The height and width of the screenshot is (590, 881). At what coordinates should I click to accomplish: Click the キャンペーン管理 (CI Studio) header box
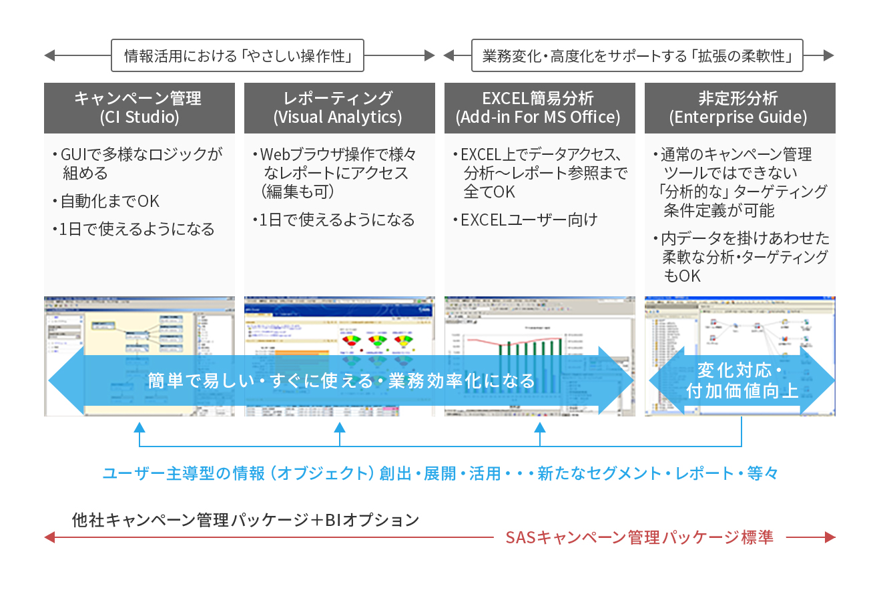pyautogui.click(x=139, y=107)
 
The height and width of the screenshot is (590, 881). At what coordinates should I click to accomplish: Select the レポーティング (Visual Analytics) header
pyautogui.click(x=339, y=107)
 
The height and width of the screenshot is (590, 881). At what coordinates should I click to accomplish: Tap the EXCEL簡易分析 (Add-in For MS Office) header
pyautogui.click(x=539, y=107)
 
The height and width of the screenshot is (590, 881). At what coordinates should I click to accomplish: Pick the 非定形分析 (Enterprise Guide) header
pyautogui.click(x=740, y=107)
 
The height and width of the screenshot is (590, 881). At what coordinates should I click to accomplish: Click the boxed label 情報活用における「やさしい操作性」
pyautogui.click(x=238, y=55)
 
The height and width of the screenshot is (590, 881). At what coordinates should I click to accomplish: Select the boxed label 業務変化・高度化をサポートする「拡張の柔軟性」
pyautogui.click(x=637, y=55)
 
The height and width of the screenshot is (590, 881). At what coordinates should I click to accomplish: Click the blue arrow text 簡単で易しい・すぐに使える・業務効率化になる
pyautogui.click(x=341, y=380)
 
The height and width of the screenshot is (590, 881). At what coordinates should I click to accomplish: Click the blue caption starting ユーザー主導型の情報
pyautogui.click(x=440, y=474)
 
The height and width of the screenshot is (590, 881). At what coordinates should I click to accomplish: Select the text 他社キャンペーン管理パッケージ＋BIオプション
pyautogui.click(x=246, y=519)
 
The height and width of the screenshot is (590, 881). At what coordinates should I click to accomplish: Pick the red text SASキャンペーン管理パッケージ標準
pyautogui.click(x=639, y=537)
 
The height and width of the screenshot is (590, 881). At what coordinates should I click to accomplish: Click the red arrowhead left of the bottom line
pyautogui.click(x=49, y=537)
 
